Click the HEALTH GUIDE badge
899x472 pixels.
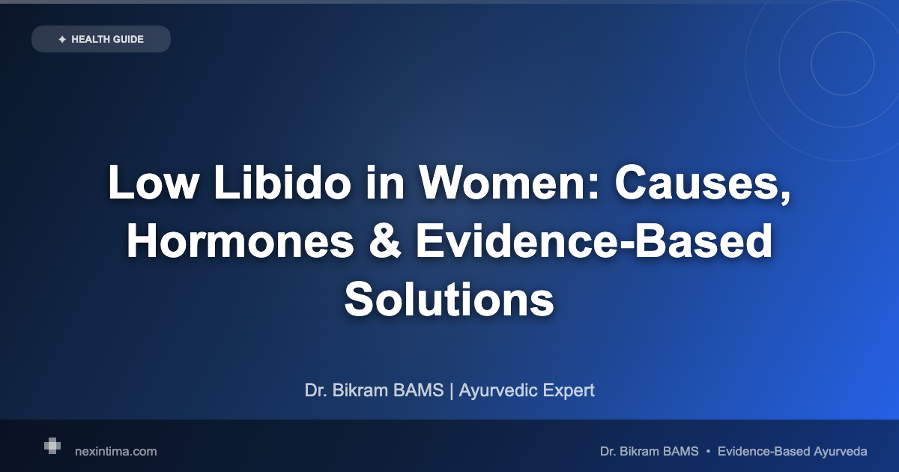[x=101, y=39]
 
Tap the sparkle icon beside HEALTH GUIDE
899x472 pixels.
[x=62, y=39]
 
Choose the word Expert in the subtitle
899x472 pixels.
[x=565, y=390]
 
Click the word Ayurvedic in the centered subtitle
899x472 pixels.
[x=495, y=390]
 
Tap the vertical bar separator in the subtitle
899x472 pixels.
[x=452, y=390]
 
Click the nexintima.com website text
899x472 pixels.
[x=116, y=452]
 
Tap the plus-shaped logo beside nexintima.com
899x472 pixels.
[x=52, y=447]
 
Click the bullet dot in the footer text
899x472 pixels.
[x=708, y=452]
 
